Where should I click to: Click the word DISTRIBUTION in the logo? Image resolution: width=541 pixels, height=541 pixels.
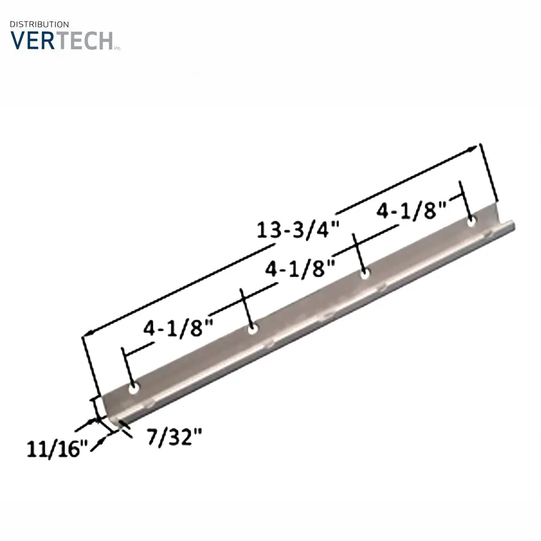39,24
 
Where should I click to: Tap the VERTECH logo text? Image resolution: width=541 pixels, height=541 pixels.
62,41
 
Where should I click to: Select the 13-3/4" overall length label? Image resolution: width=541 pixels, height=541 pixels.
298,228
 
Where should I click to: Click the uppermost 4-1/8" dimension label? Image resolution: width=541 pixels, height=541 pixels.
411,210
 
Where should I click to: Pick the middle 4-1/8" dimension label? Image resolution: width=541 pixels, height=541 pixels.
300,268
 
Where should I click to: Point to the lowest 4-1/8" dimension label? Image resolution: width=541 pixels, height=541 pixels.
179,327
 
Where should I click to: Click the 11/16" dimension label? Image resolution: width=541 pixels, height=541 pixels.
58,448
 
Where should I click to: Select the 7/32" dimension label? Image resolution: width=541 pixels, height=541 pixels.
174,437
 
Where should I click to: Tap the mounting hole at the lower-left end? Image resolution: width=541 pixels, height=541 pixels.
134,388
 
